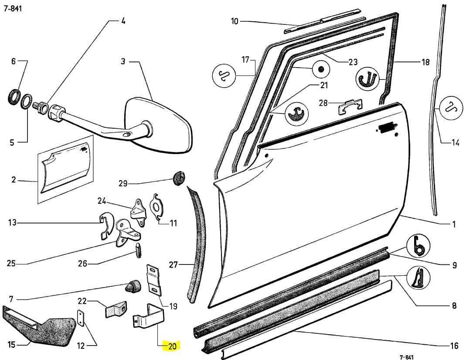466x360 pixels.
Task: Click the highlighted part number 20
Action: click(172, 346)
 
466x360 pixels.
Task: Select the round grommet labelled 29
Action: click(179, 178)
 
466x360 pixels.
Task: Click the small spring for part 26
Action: click(139, 250)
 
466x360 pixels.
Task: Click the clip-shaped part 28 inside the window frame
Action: click(350, 106)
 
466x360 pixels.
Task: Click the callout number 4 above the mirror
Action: click(123, 21)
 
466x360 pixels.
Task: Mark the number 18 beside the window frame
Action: click(425, 62)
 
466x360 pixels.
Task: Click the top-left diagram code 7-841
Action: click(13, 8)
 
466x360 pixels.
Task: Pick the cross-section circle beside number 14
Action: click(451, 108)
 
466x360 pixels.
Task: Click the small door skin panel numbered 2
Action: click(66, 170)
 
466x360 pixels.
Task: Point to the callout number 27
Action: click(173, 264)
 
